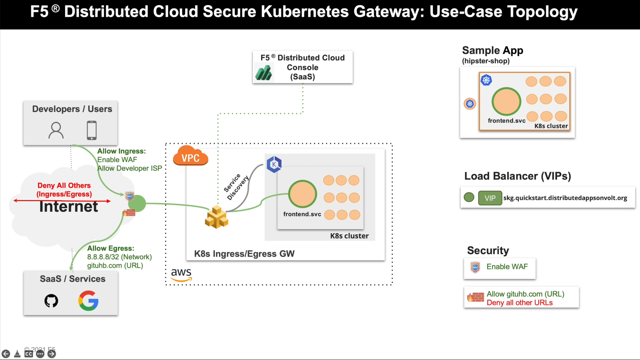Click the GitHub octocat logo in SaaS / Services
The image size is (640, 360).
51,301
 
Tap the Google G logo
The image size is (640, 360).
88,301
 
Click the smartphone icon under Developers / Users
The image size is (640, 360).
92,130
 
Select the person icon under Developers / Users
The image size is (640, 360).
56,130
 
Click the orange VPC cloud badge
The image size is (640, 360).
190,156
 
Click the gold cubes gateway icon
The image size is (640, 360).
217,217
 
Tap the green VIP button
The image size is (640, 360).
490,198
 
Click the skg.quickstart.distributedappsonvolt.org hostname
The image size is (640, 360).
565,198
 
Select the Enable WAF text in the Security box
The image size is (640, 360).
507,267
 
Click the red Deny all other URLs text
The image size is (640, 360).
520,303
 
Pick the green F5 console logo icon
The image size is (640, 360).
264,73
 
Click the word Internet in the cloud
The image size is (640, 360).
69,206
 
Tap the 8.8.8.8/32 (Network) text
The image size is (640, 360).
119,257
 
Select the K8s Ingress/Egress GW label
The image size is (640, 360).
244,254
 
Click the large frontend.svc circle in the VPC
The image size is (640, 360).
303,194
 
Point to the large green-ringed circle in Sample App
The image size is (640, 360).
506,102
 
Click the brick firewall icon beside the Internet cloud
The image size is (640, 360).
129,213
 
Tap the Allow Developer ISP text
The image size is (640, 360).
130,168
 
